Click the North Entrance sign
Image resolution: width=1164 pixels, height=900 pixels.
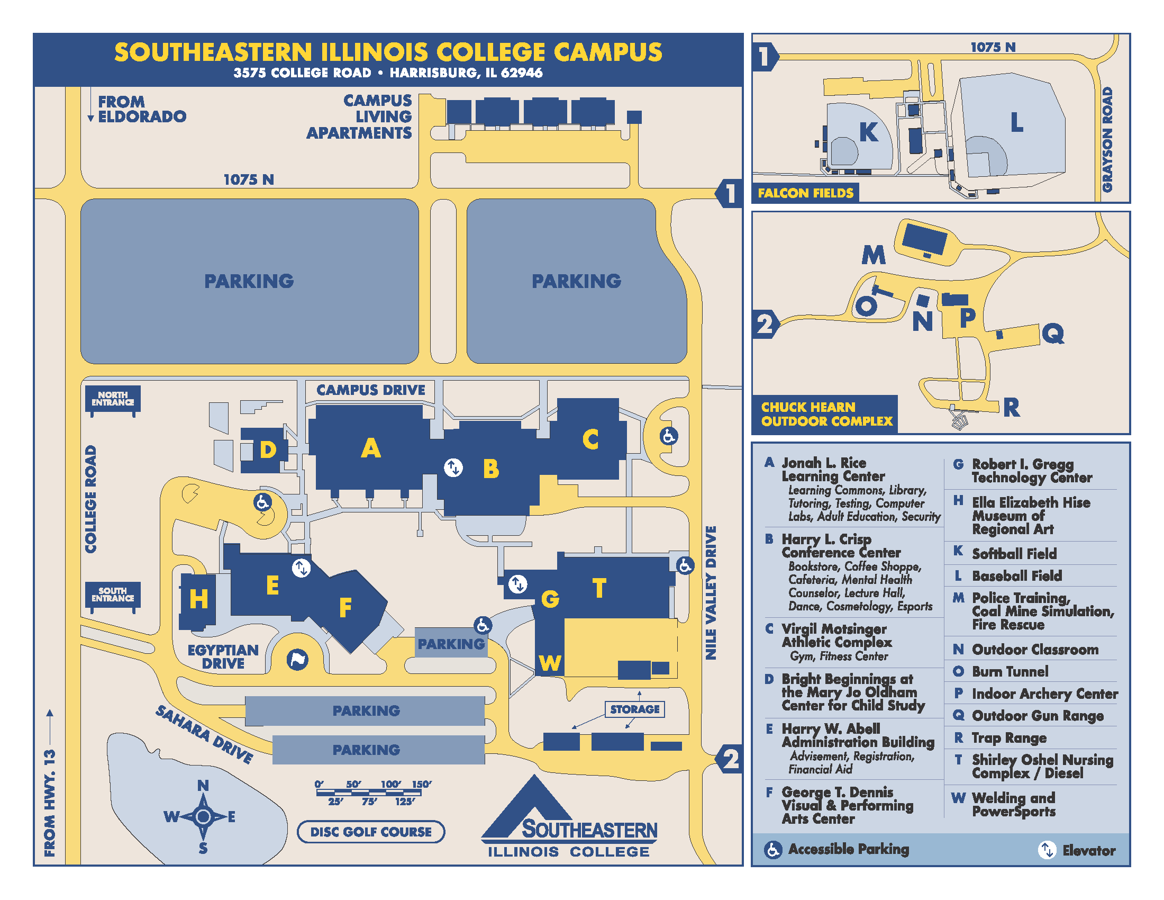[x=113, y=399]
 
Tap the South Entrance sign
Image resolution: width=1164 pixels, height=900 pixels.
[x=113, y=595]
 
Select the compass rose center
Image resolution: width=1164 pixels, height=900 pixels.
[x=203, y=816]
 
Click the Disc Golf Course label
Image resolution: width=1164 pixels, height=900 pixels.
[x=371, y=832]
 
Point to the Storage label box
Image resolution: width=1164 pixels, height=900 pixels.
[x=634, y=709]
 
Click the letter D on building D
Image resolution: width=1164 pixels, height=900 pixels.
[x=268, y=450]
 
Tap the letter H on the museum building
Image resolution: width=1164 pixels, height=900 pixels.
[x=198, y=599]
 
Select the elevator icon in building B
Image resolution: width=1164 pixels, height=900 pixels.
[x=453, y=467]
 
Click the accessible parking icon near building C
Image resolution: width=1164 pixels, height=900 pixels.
[x=668, y=436]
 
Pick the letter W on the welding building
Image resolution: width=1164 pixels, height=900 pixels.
[x=550, y=663]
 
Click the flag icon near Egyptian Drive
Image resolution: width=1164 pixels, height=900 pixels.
[x=297, y=660]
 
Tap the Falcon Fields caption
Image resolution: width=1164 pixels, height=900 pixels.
[x=805, y=193]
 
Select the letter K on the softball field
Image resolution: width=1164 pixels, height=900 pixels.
[x=868, y=132]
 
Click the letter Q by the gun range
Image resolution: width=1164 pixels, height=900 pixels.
[x=1053, y=334]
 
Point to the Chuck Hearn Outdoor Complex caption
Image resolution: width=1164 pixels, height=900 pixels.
[x=826, y=415]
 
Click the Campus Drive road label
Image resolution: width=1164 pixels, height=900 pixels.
[x=371, y=390]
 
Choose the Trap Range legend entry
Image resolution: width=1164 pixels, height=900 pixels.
[x=1008, y=738]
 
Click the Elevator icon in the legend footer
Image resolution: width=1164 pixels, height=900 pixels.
[x=1047, y=850]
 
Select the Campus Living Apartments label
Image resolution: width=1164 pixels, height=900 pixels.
[x=360, y=116]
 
